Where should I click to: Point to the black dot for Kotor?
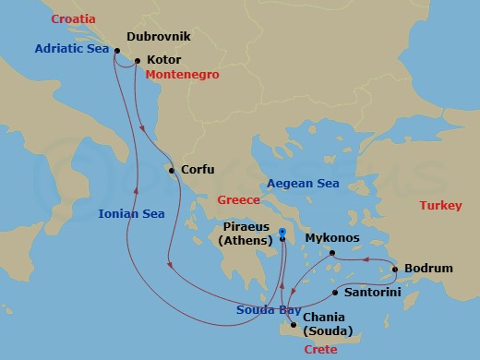click(x=137, y=62)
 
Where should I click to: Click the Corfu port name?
click(x=198, y=170)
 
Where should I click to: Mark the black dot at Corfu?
click(x=171, y=170)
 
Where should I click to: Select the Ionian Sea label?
click(x=131, y=213)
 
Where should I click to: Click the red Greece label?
click(x=239, y=199)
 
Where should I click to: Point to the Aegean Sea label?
click(x=303, y=184)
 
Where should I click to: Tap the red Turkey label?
click(x=439, y=206)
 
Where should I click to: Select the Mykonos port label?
click(x=330, y=237)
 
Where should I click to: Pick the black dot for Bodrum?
click(x=395, y=270)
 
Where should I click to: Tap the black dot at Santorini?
click(x=333, y=293)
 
